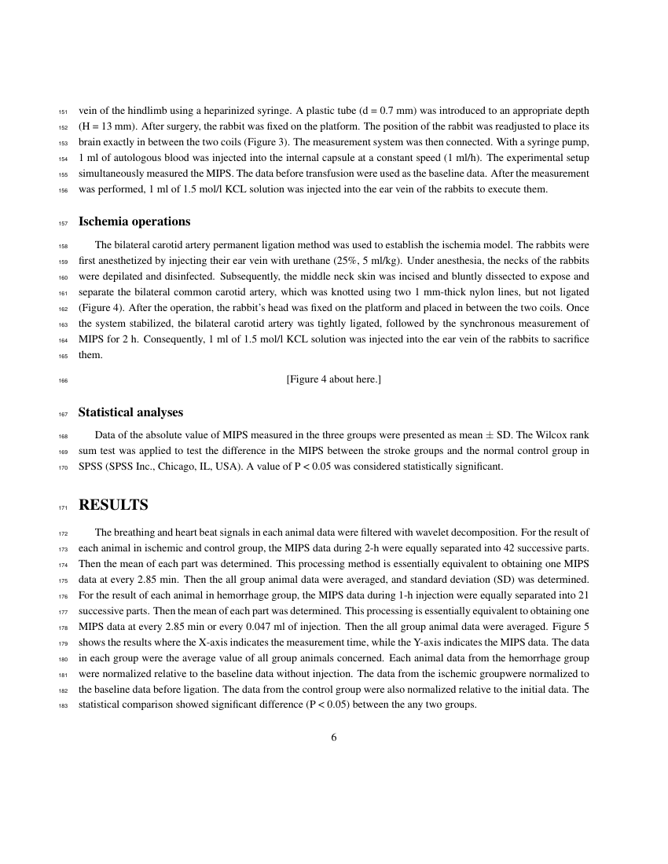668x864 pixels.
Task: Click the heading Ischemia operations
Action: click(134, 221)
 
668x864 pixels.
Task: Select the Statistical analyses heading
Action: click(130, 412)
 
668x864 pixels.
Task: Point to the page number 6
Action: click(334, 736)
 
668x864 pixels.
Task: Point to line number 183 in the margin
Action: click(64, 706)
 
